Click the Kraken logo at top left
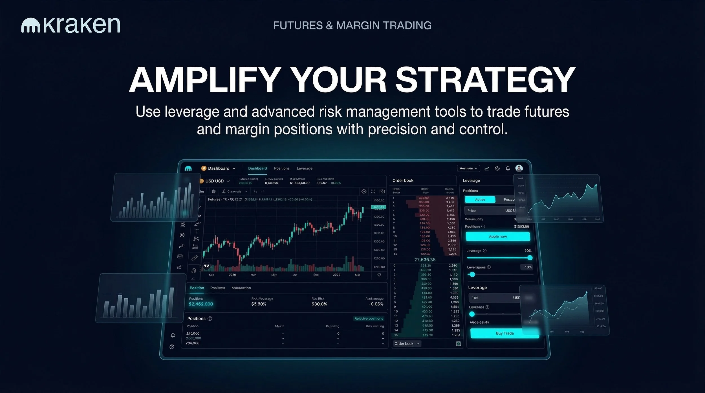tap(70, 25)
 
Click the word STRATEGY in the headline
tap(485, 80)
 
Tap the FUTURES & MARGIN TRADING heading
tap(352, 26)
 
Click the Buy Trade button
tap(504, 333)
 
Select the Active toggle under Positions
tap(480, 199)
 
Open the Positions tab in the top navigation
tap(281, 168)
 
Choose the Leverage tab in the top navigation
tap(304, 168)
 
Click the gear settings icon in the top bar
tap(497, 168)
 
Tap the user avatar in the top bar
tap(519, 168)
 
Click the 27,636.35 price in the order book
tap(425, 259)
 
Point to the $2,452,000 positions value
tap(201, 304)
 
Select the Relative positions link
tap(368, 318)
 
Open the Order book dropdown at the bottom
tap(407, 343)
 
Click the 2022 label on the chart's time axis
tap(336, 275)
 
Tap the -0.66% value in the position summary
tap(376, 304)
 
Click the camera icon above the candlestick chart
tap(382, 191)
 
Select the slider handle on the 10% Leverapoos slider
tap(472, 274)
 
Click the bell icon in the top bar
tap(508, 168)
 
